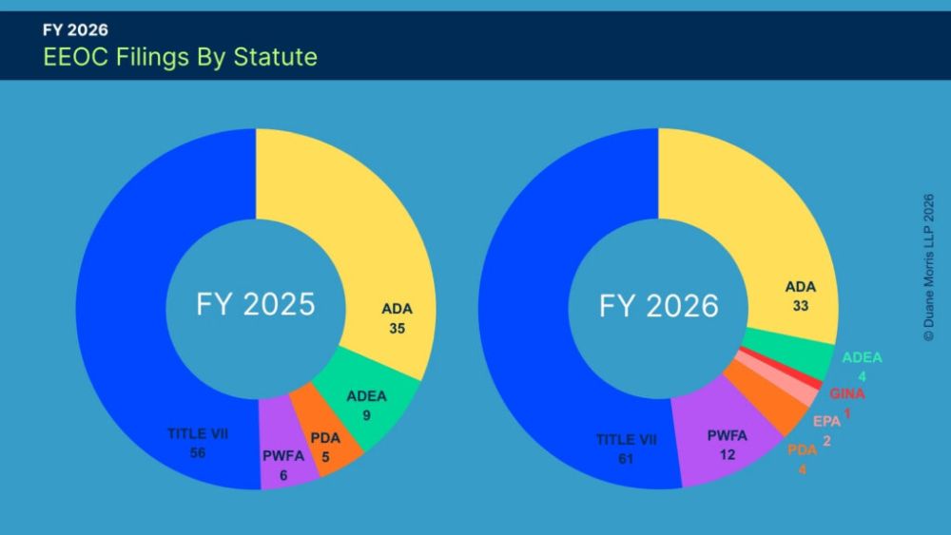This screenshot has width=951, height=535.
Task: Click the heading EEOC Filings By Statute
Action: [180, 57]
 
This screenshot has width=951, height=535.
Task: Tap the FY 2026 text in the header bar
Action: [75, 29]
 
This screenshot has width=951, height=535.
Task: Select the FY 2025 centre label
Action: [255, 304]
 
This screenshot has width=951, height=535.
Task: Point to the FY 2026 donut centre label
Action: [659, 305]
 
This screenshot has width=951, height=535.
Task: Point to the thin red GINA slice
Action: [781, 366]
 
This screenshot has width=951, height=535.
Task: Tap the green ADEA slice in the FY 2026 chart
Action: [788, 352]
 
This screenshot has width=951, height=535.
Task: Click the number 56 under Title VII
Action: [198, 452]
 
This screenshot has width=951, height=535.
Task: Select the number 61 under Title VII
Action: [626, 459]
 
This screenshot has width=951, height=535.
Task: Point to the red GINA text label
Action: [846, 393]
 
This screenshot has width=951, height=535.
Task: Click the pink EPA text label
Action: [826, 421]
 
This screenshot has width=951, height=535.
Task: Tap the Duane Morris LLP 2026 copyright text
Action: [928, 268]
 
